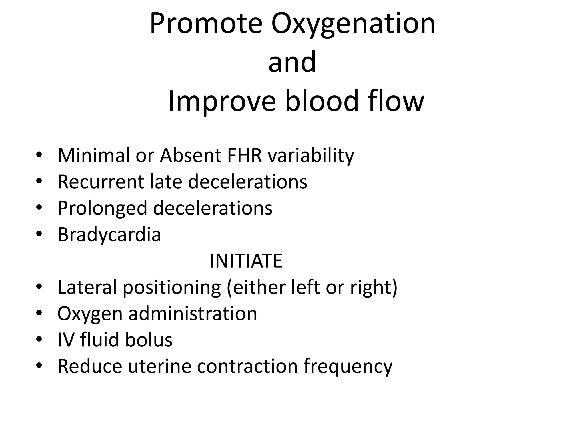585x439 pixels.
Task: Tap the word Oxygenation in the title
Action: (353, 24)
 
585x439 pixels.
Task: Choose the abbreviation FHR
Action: (245, 155)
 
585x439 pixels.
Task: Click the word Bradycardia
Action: (109, 235)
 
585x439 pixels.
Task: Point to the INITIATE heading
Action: (246, 261)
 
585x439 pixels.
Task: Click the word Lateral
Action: (87, 287)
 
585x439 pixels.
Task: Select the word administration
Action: (193, 314)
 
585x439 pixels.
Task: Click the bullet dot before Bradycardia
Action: (39, 234)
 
